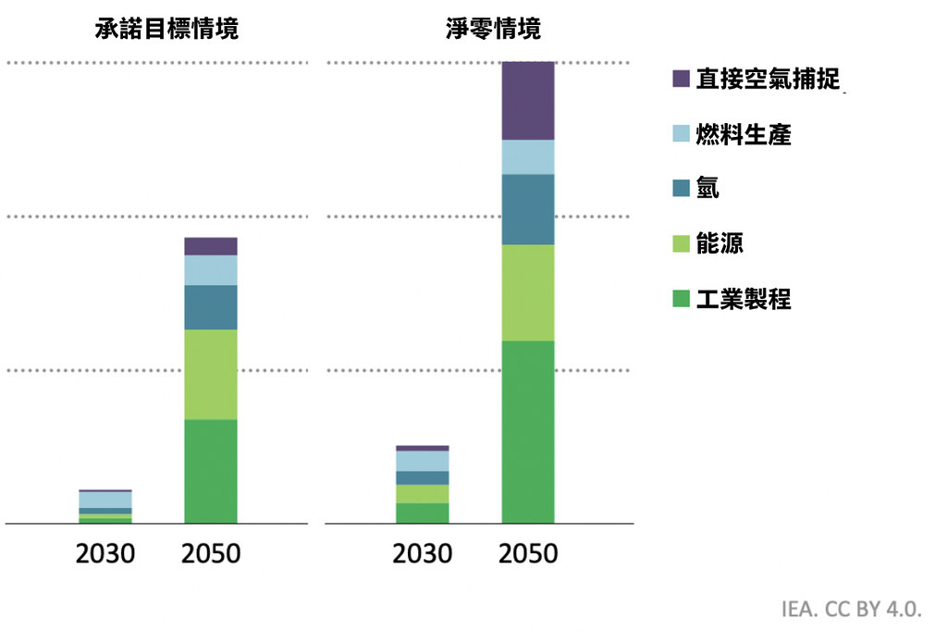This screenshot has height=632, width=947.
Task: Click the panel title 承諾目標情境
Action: tap(166, 29)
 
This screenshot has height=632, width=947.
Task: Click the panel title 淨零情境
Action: tap(494, 29)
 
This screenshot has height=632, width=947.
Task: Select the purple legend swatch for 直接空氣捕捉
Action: tap(682, 79)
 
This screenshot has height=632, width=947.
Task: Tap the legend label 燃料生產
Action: tap(744, 134)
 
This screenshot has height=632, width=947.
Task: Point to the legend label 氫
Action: tap(707, 187)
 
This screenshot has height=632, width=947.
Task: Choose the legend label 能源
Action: tap(719, 242)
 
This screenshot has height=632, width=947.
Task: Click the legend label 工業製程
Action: tap(744, 299)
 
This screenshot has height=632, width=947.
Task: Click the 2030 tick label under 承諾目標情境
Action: tap(105, 553)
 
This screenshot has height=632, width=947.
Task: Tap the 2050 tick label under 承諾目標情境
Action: tap(211, 553)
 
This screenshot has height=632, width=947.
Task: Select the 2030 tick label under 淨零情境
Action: tap(422, 553)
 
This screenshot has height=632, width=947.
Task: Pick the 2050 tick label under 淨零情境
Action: tap(528, 553)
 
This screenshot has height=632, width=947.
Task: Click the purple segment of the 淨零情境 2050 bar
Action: tap(528, 101)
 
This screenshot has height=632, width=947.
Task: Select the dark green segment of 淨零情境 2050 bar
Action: tap(528, 432)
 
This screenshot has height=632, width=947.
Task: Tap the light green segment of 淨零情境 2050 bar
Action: tap(528, 292)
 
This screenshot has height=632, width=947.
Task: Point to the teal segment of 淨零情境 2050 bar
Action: tap(528, 210)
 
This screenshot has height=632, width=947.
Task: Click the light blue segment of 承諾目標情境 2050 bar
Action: tap(211, 270)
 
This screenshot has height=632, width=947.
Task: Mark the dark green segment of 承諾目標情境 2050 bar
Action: tap(211, 471)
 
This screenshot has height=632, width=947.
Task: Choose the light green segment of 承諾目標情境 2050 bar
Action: tap(211, 375)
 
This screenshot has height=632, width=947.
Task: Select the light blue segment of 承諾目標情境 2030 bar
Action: tap(105, 500)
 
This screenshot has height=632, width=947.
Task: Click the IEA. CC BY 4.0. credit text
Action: tap(852, 609)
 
